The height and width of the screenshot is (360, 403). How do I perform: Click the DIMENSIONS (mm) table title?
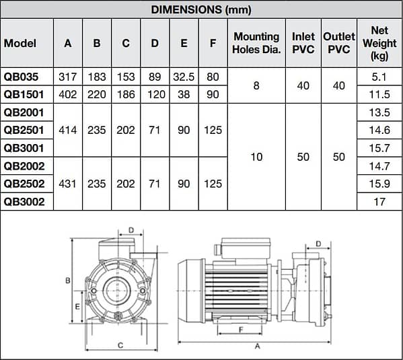pyautogui.click(x=201, y=9)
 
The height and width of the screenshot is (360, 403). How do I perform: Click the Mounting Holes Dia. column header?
pyautogui.click(x=256, y=42)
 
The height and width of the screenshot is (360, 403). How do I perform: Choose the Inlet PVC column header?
pyautogui.click(x=303, y=42)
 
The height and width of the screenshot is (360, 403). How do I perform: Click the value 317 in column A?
pyautogui.click(x=68, y=77)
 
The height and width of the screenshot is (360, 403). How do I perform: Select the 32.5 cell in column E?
pyautogui.click(x=184, y=77)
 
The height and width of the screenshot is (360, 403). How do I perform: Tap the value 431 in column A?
pyautogui.click(x=68, y=183)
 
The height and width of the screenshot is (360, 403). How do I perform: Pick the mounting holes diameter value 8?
pyautogui.click(x=256, y=86)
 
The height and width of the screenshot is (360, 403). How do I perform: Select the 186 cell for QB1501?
pyautogui.click(x=126, y=95)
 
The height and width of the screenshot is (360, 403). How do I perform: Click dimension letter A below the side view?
pyautogui.click(x=257, y=347)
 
